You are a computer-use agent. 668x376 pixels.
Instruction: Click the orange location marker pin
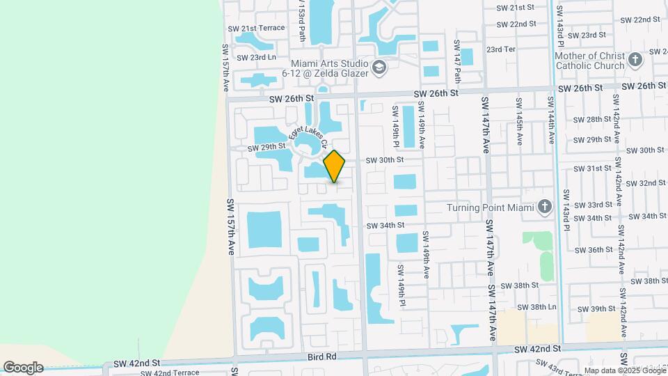click(335, 166)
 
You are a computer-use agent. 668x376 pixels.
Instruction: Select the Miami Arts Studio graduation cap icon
click(379, 68)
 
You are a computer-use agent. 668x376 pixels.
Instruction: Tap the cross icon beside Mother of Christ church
click(634, 60)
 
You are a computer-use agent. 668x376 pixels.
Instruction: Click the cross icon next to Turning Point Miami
click(545, 207)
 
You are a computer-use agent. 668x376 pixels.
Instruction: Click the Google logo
click(23, 367)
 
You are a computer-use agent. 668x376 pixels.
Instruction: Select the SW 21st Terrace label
click(257, 28)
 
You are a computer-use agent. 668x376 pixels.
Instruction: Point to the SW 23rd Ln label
click(256, 57)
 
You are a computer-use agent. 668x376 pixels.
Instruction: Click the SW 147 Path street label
click(457, 52)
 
